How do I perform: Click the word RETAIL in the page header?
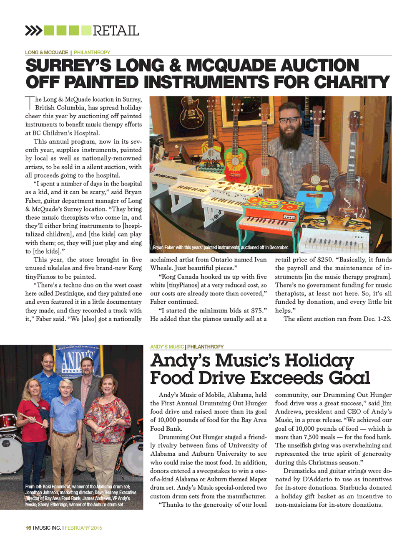pos(116,30)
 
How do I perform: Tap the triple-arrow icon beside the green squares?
pos(33,30)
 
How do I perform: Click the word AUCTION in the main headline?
pos(319,66)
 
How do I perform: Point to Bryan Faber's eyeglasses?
pos(289,120)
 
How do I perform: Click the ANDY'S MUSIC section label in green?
pos(167,347)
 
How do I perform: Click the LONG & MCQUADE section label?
pos(46,53)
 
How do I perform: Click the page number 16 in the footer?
pos(28,528)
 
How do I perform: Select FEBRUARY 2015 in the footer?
pos(83,528)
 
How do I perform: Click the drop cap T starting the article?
pos(30,103)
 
